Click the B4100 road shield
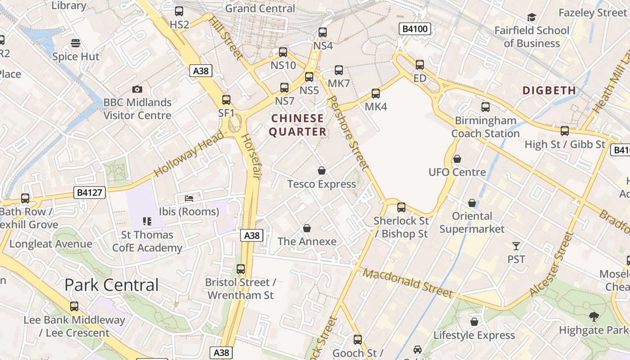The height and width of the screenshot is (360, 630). pos(415,29)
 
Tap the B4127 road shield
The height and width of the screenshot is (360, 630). pos(90,193)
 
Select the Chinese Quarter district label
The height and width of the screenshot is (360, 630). pos(297,125)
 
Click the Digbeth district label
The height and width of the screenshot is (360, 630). pos(549,90)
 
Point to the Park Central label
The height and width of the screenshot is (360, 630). pos(111,285)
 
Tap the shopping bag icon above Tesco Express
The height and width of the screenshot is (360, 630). pos(321,171)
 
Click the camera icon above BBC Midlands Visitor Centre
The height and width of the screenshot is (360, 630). pos(137,90)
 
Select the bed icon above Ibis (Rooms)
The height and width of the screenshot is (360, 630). pos(189,198)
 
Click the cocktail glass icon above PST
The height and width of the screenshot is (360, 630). pos(516,246)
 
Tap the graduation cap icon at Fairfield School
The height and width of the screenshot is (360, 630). pos(531,17)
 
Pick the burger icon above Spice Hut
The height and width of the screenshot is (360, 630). pos(76,43)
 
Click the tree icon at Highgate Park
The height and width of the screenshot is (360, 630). pos(594,317)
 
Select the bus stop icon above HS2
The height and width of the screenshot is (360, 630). pos(179,11)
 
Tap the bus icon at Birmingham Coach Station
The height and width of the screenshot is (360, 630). pos(485,107)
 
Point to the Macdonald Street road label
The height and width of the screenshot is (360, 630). pos(408,283)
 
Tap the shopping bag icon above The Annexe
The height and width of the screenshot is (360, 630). pos(307,228)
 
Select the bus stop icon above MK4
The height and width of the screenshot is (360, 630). pos(375,94)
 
